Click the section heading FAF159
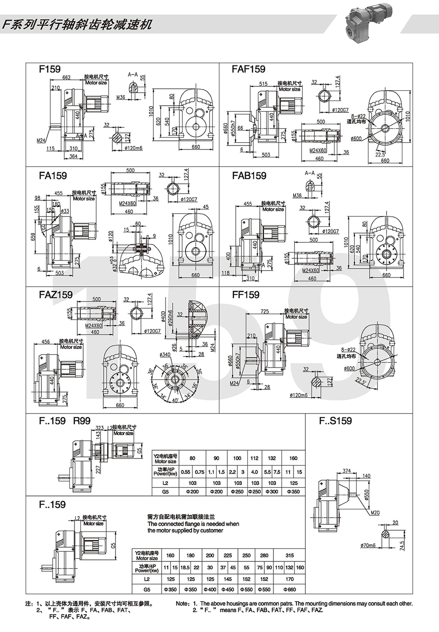click(248, 69)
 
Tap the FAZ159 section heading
click(56, 295)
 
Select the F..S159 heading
click(335, 421)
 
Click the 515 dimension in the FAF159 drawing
click(263, 84)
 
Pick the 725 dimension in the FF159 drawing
click(264, 311)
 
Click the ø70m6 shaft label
click(368, 545)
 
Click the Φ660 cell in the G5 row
click(290, 589)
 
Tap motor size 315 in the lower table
click(290, 555)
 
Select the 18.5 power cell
click(185, 567)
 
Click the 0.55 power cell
click(186, 472)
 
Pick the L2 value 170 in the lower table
click(290, 579)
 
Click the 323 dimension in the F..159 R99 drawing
click(99, 428)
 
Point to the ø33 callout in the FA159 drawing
click(65, 211)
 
